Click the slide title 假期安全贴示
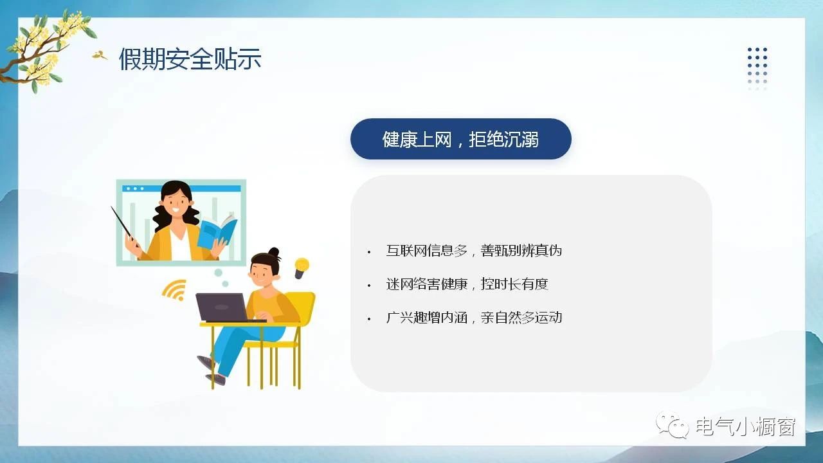point(190,59)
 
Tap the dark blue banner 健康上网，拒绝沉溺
point(461,139)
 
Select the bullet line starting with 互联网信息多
point(474,251)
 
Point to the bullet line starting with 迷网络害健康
point(467,284)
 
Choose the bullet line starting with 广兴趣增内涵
point(474,318)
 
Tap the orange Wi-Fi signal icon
point(175,290)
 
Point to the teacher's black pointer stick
point(125,226)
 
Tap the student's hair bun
point(274,252)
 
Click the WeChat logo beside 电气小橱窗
point(673,425)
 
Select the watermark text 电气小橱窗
point(745,426)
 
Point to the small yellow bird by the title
point(99,55)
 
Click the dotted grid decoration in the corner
point(757,69)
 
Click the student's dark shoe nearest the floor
point(215,379)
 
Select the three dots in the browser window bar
point(135,188)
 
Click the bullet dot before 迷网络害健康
point(369,286)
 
